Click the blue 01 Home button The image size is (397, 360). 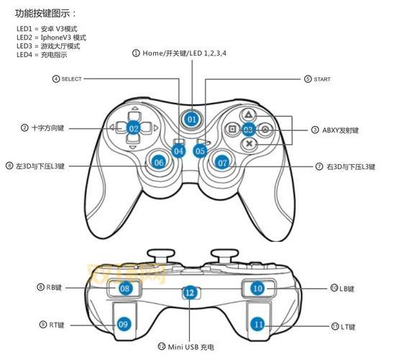(191, 118)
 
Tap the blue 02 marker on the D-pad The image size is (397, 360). (134, 128)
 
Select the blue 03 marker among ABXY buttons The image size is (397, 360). (248, 130)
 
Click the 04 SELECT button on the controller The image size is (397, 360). (178, 150)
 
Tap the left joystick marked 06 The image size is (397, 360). (160, 162)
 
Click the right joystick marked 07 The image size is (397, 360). (222, 163)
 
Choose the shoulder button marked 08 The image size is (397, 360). (125, 288)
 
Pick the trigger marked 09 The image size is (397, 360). (123, 323)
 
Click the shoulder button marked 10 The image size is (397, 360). (257, 287)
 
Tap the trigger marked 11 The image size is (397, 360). (258, 323)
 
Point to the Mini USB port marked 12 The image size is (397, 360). (190, 292)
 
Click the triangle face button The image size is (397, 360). (247, 114)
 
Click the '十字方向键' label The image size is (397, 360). (48, 127)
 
